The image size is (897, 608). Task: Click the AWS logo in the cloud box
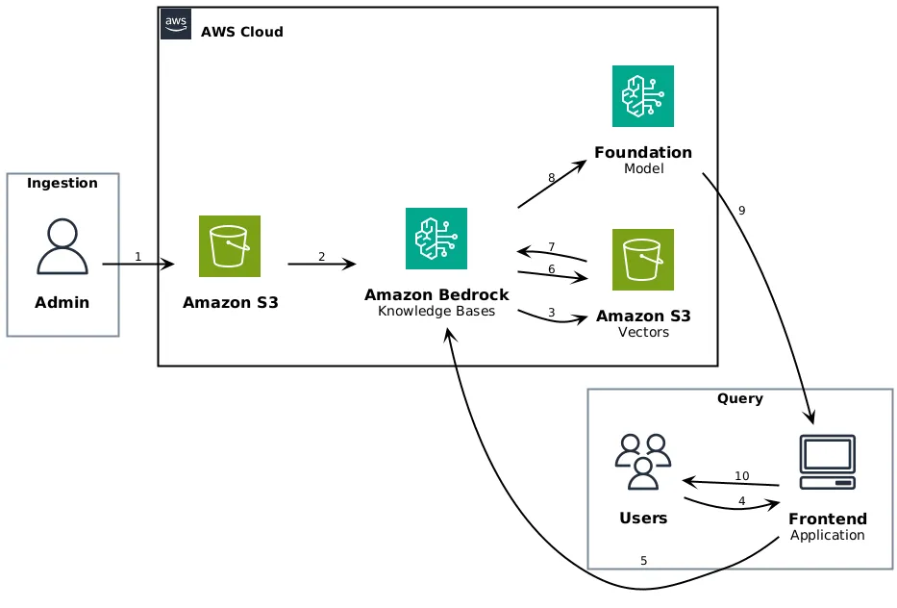[x=176, y=24]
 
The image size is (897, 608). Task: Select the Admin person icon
[x=62, y=246]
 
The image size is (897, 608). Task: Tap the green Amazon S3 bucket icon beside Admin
[x=230, y=246]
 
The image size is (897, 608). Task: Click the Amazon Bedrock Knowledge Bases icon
[x=436, y=239]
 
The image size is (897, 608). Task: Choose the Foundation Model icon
[x=643, y=96]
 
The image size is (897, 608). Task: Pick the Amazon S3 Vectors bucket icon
[x=643, y=260]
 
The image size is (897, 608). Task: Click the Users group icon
[x=643, y=462]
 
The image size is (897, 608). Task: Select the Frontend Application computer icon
[x=827, y=462]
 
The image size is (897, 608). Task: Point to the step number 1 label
[x=137, y=257]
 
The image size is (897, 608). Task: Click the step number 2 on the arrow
[x=321, y=257]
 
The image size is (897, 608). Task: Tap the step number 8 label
[x=551, y=178]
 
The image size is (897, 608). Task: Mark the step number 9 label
[x=741, y=211]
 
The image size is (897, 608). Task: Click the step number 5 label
[x=643, y=560]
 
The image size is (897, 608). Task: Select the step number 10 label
[x=741, y=476]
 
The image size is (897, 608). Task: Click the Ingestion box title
[x=62, y=184]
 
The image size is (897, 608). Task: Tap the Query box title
[x=740, y=399]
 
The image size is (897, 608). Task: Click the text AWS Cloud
[x=242, y=32]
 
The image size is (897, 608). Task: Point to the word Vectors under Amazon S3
[x=643, y=333]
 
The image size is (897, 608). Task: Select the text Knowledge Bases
[x=436, y=311]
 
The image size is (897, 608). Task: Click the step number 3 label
[x=551, y=312]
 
